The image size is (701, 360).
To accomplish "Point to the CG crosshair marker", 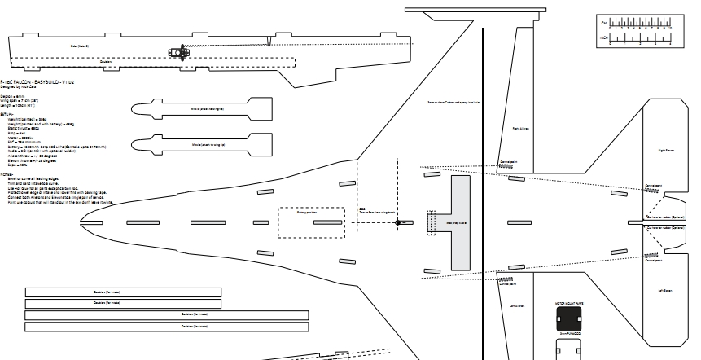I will pyautogui.click(x=398, y=222).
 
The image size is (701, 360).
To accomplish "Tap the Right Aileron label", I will pyautogui.click(x=521, y=128).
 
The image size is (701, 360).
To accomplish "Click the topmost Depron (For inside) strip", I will pyautogui.click(x=123, y=292).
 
